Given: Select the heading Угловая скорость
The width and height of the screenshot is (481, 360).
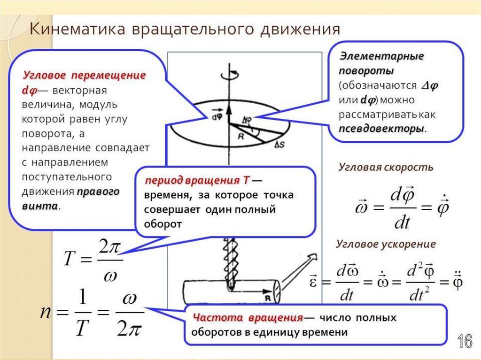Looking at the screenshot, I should (x=386, y=167).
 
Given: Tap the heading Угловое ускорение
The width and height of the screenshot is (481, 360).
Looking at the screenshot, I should (x=386, y=244).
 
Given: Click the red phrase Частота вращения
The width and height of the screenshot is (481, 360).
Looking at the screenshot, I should (x=247, y=318).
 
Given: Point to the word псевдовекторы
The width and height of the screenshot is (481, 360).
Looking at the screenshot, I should (x=381, y=129).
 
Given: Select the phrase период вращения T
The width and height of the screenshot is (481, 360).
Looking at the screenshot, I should (x=197, y=181).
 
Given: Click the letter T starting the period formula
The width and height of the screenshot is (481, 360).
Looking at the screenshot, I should (x=69, y=259).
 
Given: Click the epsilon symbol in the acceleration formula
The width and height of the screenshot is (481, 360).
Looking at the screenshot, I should (x=314, y=283).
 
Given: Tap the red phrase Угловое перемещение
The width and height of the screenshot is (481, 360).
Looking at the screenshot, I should (x=85, y=75).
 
